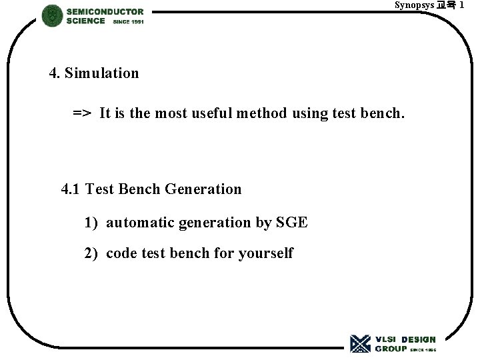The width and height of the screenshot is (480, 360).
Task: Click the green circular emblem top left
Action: (x=52, y=15)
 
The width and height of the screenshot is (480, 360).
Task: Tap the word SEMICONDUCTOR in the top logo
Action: (x=105, y=11)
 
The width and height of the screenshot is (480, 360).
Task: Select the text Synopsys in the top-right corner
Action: (x=413, y=5)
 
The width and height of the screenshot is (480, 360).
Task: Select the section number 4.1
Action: (x=71, y=189)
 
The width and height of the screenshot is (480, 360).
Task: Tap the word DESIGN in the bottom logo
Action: (x=418, y=339)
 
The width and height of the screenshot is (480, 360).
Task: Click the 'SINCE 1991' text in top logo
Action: (x=129, y=22)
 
